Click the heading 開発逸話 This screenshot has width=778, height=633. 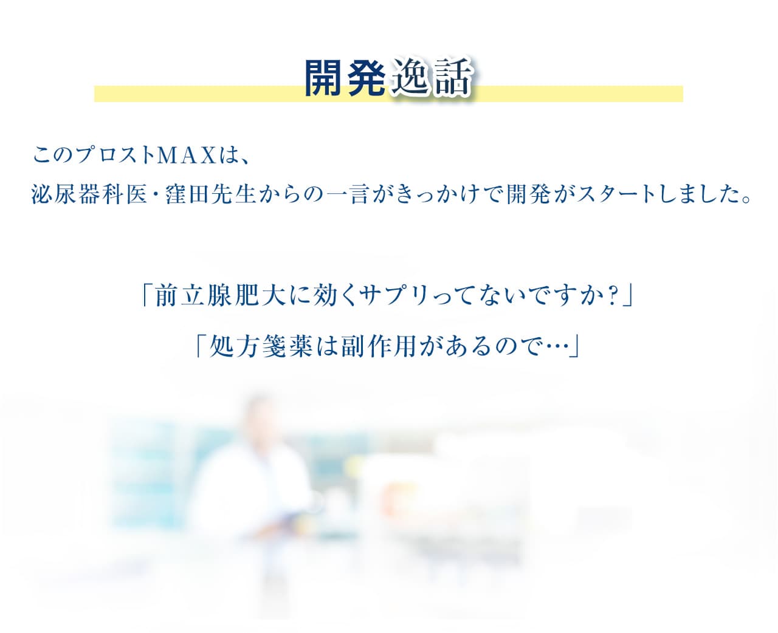(x=388, y=78)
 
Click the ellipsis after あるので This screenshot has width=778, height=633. (x=554, y=347)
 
